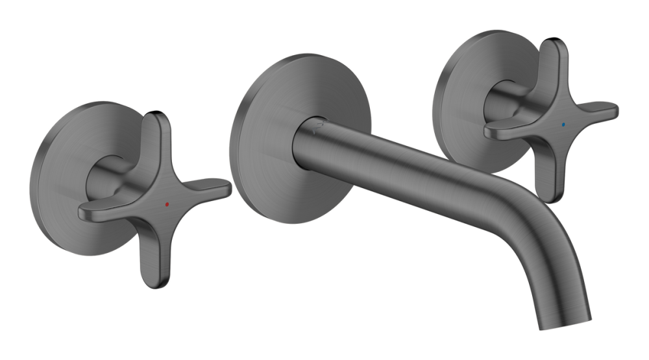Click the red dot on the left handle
[x=167, y=204]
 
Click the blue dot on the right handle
[x=563, y=122]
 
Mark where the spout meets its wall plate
[x=300, y=139]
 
